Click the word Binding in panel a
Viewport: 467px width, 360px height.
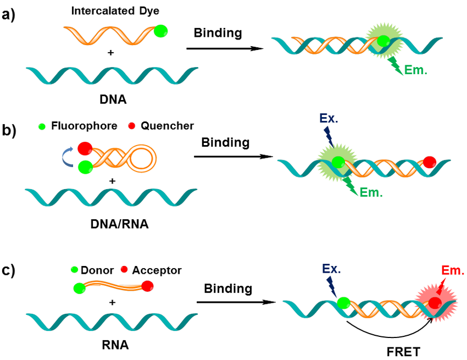[218, 33]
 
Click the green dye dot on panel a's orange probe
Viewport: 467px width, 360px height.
[160, 31]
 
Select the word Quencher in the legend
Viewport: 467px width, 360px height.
[168, 126]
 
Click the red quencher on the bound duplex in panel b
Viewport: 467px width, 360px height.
[430, 162]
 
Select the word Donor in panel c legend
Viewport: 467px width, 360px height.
[97, 270]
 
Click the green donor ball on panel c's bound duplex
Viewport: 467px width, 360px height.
[343, 302]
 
